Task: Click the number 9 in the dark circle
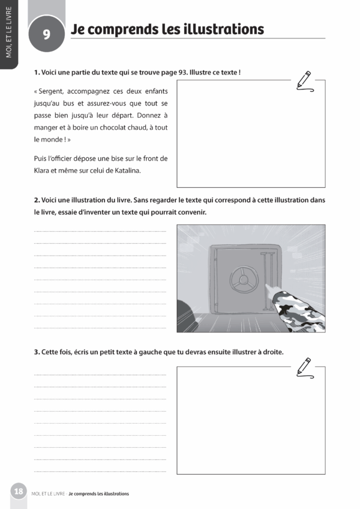(46, 35)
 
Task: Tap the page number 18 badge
(19, 492)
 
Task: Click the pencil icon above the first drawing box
(304, 80)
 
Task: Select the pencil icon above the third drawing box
(304, 367)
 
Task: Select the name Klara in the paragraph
(44, 170)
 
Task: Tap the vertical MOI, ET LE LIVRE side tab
(8, 32)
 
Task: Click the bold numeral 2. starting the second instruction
(37, 200)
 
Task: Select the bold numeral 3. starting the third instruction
(37, 351)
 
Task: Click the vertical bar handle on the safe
(266, 271)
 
